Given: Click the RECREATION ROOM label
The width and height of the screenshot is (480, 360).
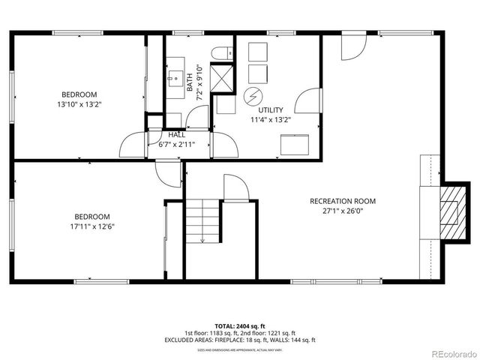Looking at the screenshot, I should point(343,201).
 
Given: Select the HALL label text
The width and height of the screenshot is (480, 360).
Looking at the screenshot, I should point(177,134).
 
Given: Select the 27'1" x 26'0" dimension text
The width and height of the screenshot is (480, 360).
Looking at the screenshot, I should point(343,211).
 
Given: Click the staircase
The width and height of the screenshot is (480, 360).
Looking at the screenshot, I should point(202,221).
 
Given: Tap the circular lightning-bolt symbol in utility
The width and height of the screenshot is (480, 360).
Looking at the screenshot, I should point(253,95).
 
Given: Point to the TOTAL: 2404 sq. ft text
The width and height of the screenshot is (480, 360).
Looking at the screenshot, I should point(240,326).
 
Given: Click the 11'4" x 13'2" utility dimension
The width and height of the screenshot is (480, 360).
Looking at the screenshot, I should point(270,119).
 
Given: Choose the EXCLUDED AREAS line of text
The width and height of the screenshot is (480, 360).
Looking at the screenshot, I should point(240,340).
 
